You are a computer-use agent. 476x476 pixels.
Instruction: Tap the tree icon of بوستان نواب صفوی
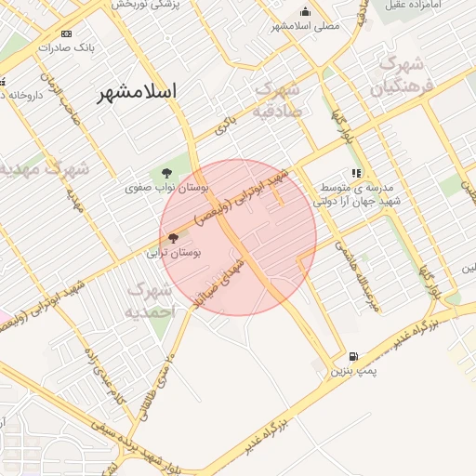[x=166, y=173]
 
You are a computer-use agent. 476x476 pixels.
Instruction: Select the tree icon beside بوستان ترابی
[x=173, y=238]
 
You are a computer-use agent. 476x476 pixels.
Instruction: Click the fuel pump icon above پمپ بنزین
[x=353, y=356]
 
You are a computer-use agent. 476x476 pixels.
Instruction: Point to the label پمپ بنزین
[x=353, y=371]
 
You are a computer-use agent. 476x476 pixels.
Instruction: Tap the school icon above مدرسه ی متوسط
[x=355, y=173]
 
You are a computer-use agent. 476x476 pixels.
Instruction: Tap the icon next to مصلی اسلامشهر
[x=305, y=12]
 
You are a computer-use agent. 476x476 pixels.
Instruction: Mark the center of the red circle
[x=239, y=237]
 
